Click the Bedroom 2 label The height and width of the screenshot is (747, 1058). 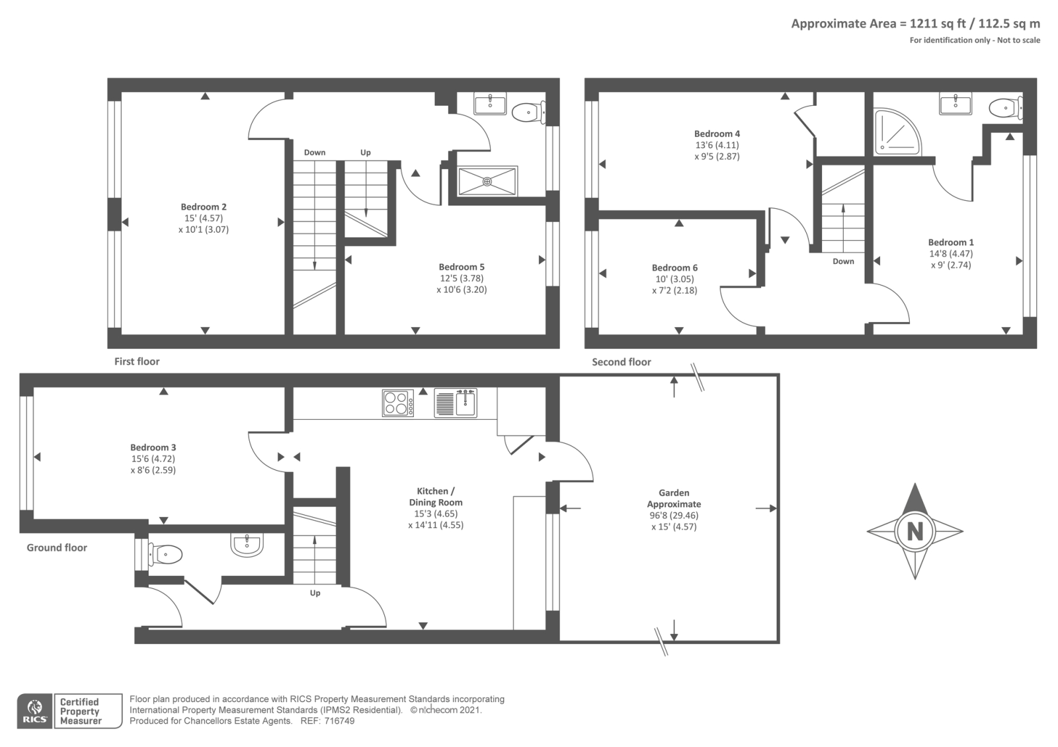(x=204, y=207)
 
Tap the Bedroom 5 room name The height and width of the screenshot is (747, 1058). (x=462, y=267)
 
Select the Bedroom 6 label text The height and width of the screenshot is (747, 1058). (x=674, y=268)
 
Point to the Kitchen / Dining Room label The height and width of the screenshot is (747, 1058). (x=436, y=496)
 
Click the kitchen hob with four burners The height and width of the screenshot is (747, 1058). (x=398, y=403)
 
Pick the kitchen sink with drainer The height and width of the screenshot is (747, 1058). (x=456, y=403)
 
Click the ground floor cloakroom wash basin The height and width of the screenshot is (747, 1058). (x=247, y=545)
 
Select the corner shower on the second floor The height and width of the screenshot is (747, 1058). (x=897, y=132)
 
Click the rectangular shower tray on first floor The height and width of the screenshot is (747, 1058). (x=487, y=181)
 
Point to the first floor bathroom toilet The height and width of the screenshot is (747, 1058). (x=528, y=112)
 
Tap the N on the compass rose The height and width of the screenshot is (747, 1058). (x=915, y=531)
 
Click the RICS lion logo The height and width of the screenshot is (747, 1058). (x=35, y=711)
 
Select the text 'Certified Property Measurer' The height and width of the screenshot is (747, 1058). (x=80, y=711)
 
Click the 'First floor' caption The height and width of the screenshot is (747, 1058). (x=137, y=362)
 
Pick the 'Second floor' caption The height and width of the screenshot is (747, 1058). (x=622, y=362)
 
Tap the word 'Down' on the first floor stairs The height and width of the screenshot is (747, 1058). (x=315, y=153)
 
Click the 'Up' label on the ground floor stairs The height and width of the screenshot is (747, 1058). (x=315, y=594)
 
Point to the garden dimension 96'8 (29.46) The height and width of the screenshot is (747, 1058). (x=674, y=516)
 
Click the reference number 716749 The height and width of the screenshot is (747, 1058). (x=339, y=721)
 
